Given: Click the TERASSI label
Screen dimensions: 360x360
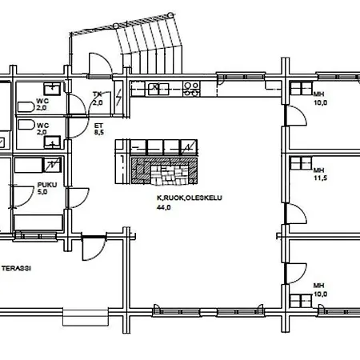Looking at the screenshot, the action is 17,268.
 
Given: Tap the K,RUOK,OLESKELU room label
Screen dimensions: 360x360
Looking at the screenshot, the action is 190,198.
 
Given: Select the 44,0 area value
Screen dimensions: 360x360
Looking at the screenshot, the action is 164,207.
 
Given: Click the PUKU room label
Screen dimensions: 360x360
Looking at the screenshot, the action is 47,185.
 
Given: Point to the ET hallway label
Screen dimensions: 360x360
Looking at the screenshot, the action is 98,126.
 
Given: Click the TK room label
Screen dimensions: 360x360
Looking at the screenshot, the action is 98,94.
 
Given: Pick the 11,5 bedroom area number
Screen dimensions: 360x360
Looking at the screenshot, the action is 320,178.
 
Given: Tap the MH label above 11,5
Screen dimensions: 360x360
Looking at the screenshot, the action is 318,170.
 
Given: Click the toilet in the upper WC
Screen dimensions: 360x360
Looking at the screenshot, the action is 26,107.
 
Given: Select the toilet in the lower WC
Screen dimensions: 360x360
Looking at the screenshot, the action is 26,125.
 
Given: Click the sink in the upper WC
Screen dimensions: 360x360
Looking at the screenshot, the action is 52,89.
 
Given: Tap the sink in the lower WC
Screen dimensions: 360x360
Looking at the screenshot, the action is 52,142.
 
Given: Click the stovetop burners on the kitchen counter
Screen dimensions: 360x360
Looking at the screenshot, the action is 191,89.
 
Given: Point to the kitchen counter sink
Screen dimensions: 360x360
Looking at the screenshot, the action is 158,89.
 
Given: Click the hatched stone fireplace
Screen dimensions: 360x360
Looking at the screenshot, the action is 164,171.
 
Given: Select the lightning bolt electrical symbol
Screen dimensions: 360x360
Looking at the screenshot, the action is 119,97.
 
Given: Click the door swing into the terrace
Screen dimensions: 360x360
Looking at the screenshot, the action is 93,248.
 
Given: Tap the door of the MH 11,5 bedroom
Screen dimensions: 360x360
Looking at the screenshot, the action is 295,214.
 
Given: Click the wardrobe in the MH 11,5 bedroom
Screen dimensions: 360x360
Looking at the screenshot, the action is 301,163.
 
